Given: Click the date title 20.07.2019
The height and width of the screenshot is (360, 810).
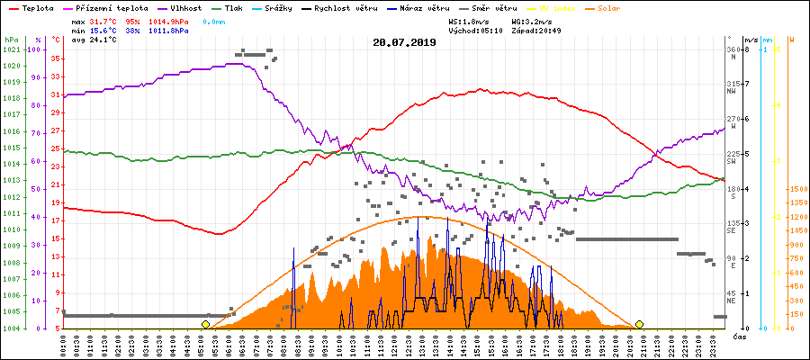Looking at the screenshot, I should coord(404,41).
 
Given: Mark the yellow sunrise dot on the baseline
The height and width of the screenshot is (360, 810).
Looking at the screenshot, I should coord(205,324).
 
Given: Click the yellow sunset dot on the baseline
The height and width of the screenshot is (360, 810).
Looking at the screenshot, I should coord(639,324).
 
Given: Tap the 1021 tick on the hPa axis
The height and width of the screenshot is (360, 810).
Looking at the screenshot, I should coord(11,49).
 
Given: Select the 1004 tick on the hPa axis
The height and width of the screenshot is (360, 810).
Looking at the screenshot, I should coord(11,328).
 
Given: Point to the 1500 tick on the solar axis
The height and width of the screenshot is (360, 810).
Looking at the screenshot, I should coord(797,189).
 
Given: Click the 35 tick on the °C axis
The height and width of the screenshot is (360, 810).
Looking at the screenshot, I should coord(55,58).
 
